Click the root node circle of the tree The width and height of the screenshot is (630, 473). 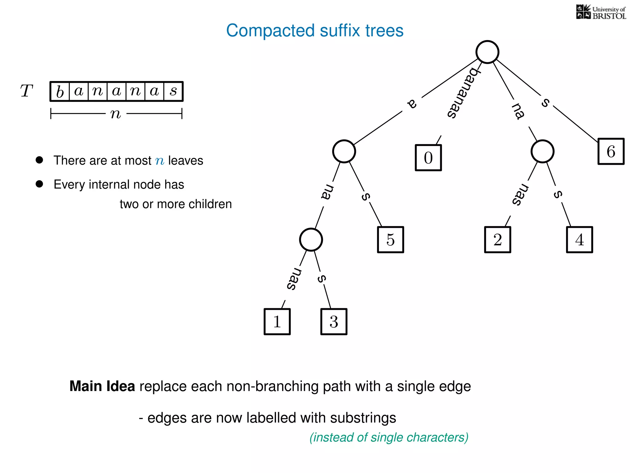click(487, 52)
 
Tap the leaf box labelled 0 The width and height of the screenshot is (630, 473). click(428, 158)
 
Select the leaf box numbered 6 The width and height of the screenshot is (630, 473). click(611, 152)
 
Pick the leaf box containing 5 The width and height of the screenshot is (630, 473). click(390, 240)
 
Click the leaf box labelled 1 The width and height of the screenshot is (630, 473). click(277, 321)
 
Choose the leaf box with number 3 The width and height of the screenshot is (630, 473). click(334, 321)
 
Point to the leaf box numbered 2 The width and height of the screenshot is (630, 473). click(497, 240)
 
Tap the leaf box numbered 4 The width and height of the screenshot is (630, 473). click(580, 240)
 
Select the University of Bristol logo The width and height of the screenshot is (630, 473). click(601, 12)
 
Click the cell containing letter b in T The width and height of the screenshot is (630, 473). click(60, 91)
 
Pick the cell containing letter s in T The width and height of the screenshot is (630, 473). click(173, 91)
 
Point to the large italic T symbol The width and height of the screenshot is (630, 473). click(26, 91)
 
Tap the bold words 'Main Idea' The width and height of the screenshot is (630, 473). click(102, 386)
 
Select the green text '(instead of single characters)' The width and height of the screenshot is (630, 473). click(389, 437)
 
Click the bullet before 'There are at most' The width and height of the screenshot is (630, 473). click(39, 160)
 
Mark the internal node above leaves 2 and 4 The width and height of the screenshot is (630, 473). click(542, 152)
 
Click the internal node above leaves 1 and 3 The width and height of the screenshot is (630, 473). click(311, 240)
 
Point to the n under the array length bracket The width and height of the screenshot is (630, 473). click(116, 114)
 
